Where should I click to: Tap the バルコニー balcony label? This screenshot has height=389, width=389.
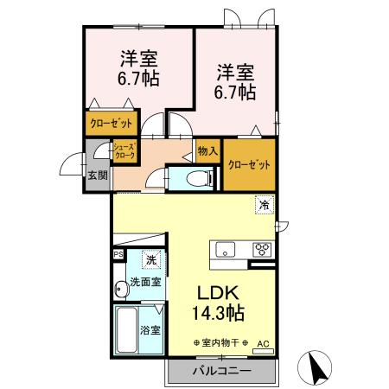click(x=220, y=371)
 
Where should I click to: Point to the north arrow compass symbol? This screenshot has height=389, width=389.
click(x=315, y=367)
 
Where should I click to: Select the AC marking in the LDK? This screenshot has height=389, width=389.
click(x=263, y=344)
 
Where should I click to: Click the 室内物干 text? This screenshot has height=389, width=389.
click(x=220, y=343)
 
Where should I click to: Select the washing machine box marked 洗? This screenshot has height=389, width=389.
click(x=150, y=258)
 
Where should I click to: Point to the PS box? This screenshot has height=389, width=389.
click(x=118, y=255)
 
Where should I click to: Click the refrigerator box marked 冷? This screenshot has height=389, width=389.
click(x=261, y=206)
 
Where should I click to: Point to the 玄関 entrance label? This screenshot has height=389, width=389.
click(x=97, y=175)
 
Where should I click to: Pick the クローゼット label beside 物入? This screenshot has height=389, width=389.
click(x=248, y=164)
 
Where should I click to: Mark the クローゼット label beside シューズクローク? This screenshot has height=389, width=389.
click(x=112, y=124)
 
